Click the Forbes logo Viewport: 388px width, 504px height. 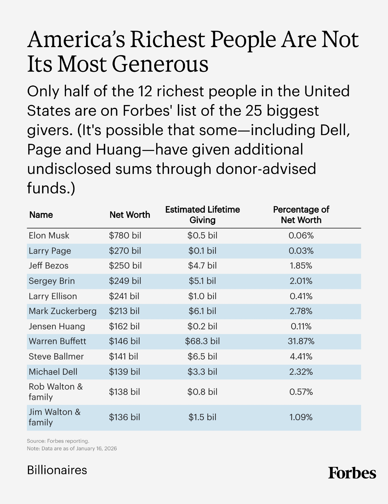coord(352,473)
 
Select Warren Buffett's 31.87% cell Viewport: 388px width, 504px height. coord(301,341)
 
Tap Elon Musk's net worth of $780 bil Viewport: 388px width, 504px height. coord(125,235)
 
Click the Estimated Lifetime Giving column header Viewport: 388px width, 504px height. coord(202,215)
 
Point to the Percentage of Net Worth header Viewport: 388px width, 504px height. coord(301,215)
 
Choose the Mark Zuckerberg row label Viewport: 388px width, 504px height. coord(62,311)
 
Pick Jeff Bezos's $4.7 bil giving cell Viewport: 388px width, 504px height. coord(202,266)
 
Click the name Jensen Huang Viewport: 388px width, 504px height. coord(57,326)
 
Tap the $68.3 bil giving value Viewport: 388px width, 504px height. coord(202,341)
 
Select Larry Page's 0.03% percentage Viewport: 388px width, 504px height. coord(301,251)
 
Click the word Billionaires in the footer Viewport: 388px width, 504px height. coord(57,470)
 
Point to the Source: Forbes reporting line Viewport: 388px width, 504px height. coord(58,441)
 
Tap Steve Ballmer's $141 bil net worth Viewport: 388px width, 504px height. coord(123,356)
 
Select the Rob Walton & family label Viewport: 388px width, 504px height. coord(55,392)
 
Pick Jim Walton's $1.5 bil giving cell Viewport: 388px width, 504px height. coord(202,417)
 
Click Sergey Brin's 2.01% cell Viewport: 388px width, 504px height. coord(301,281)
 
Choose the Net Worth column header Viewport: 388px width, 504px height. coord(130,215)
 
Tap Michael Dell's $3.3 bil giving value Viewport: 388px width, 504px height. coord(202,372)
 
